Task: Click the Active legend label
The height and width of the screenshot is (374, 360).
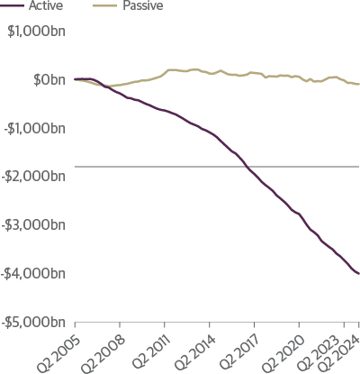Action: (x=45, y=6)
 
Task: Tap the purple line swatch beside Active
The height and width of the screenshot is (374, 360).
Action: (x=13, y=6)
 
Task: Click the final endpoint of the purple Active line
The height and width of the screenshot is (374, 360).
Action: (x=359, y=274)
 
